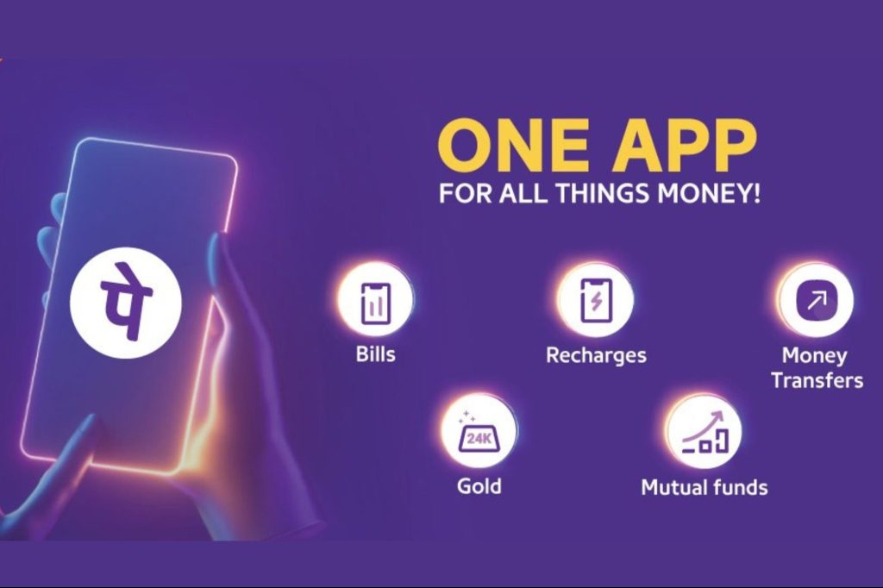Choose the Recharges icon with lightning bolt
click(597, 301)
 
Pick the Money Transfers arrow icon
click(817, 301)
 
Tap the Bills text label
click(376, 355)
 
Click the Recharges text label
click(597, 356)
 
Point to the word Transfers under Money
click(817, 380)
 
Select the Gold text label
click(479, 486)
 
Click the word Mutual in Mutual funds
click(672, 487)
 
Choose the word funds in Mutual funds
click(738, 487)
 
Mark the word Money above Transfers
click(814, 356)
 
